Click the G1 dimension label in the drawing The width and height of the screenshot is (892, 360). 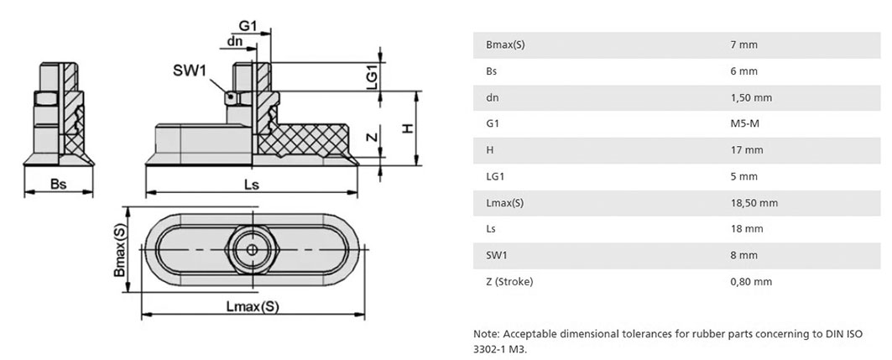248,26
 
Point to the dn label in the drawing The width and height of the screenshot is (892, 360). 235,41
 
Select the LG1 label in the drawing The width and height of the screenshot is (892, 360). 372,76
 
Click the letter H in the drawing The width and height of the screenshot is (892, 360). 407,129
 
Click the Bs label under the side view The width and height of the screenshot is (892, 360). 59,184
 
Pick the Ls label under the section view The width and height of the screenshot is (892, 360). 252,185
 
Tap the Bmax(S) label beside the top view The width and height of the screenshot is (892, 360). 119,250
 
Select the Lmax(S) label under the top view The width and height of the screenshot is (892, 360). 253,306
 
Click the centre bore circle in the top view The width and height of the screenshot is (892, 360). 250,250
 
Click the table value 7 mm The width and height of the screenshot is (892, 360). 743,44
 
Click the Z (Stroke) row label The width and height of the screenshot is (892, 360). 509,281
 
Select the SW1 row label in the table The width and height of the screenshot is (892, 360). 497,255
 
